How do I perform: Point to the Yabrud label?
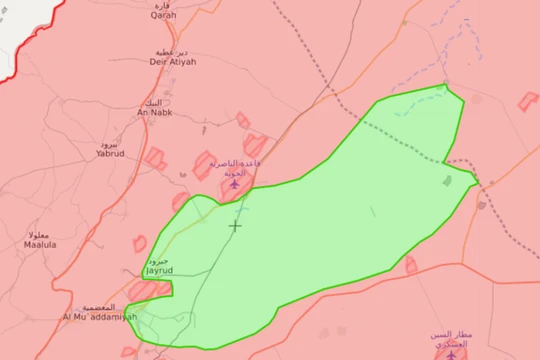(111, 154)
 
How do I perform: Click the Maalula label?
(41, 244)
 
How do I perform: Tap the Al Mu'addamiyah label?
(100, 317)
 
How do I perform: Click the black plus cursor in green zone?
(235, 225)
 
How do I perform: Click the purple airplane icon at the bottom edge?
(443, 355)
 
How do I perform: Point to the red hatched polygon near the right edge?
(528, 101)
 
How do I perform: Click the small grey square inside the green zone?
(447, 181)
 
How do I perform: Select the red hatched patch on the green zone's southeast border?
(411, 265)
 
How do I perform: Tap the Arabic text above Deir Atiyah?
(171, 50)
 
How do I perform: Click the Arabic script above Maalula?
(41, 234)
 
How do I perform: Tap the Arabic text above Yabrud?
(112, 144)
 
